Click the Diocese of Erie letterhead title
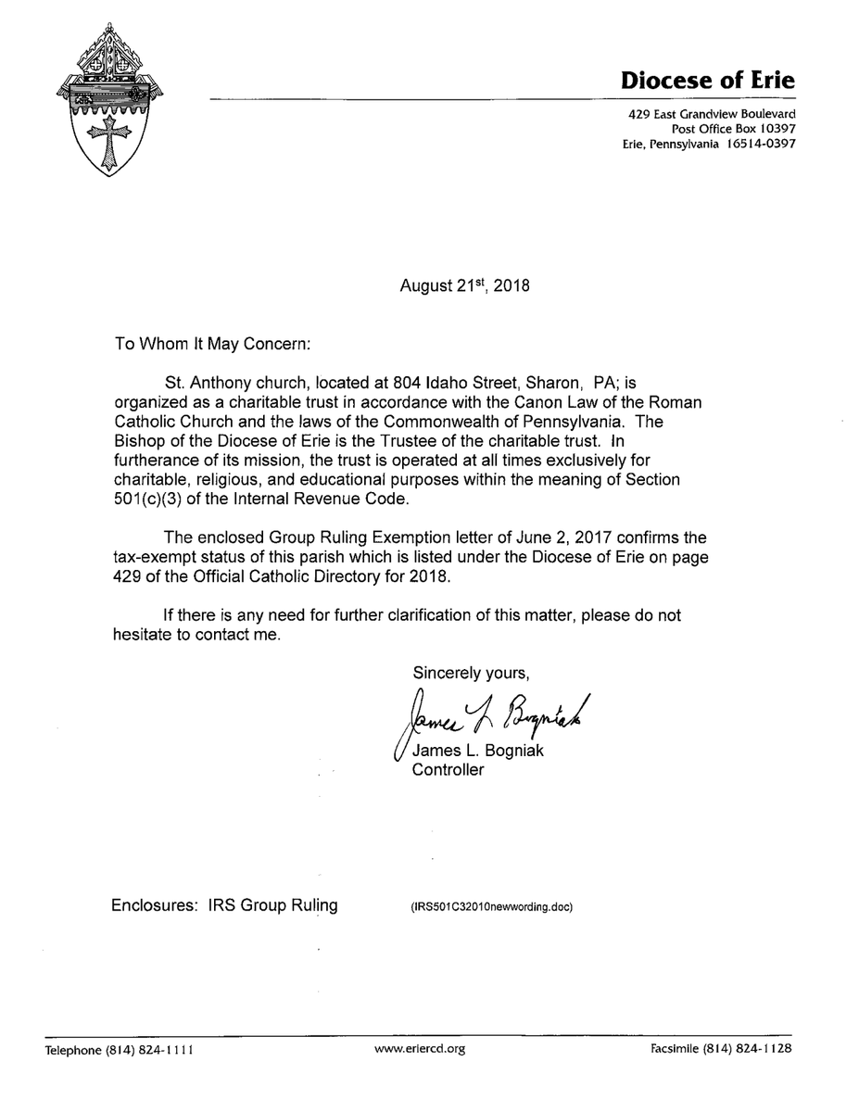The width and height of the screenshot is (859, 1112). [706, 81]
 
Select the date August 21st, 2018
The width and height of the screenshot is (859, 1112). [464, 286]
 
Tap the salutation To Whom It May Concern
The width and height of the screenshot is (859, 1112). [213, 344]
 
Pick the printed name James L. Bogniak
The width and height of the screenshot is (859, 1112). [478, 751]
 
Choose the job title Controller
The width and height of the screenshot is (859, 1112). [448, 770]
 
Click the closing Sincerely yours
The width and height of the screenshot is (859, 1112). [472, 671]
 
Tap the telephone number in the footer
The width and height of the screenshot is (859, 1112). [119, 1050]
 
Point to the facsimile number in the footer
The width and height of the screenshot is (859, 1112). [721, 1050]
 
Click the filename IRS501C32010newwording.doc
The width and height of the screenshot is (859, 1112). [493, 907]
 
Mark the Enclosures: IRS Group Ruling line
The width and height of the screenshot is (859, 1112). [224, 905]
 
